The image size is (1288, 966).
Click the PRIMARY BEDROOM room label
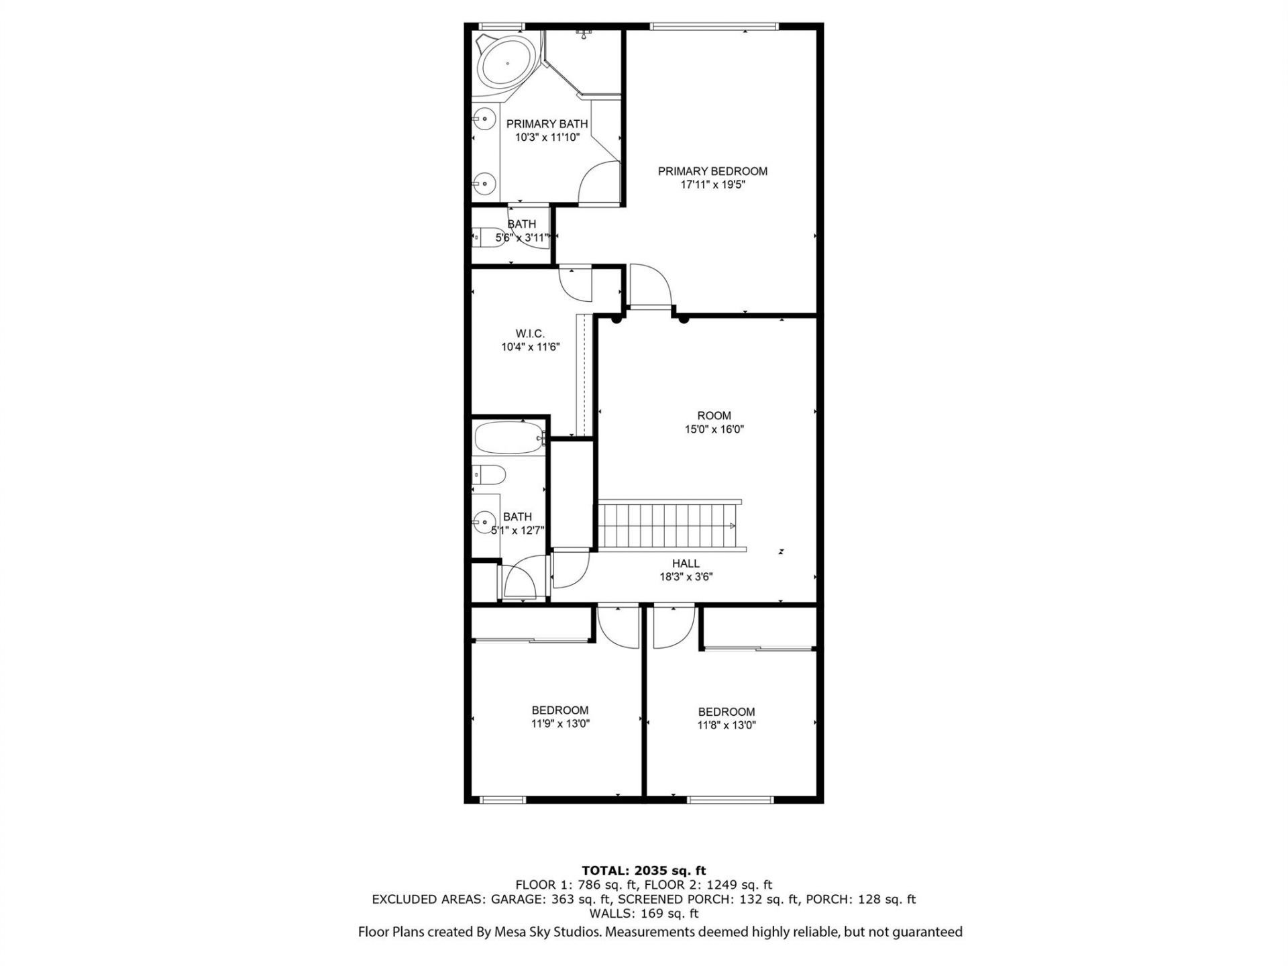click(x=712, y=171)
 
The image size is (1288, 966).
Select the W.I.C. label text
click(x=530, y=333)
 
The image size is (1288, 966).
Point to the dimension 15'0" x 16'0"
click(x=714, y=429)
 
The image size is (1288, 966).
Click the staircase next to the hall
click(x=667, y=525)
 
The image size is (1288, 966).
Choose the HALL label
click(x=686, y=563)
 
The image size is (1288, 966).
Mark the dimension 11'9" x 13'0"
click(x=560, y=724)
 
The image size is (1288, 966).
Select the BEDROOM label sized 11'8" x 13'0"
click(x=727, y=712)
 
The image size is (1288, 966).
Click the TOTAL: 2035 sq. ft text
click(x=643, y=871)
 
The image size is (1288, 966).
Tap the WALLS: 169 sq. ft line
click(x=643, y=914)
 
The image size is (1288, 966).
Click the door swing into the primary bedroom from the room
click(x=651, y=285)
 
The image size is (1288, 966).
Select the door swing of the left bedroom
click(x=618, y=627)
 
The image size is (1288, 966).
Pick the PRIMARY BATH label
click(x=547, y=124)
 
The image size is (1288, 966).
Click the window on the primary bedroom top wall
click(x=714, y=27)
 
